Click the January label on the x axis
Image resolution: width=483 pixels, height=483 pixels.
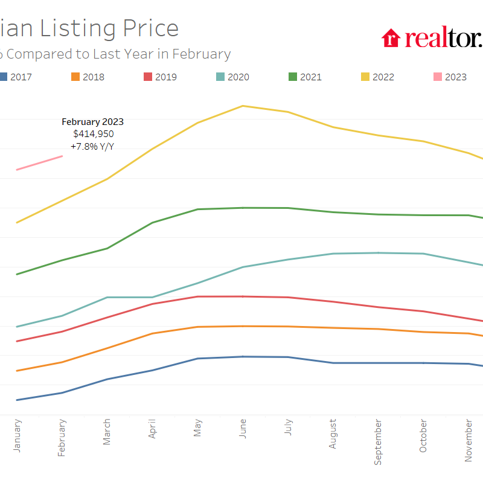pos(17,435)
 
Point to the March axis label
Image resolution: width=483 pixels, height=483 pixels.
pos(107,432)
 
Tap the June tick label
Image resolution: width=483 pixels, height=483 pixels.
pos(243,429)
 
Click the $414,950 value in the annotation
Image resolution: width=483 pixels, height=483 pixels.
pos(93,134)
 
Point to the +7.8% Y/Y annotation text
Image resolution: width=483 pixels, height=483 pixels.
pos(92,146)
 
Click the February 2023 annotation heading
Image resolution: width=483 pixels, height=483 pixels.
pos(92,122)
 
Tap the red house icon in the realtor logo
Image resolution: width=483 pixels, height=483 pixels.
pos(391,37)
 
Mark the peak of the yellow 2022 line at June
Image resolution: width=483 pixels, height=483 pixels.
pos(243,106)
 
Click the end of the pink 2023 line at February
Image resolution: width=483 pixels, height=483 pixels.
pos(62,156)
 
